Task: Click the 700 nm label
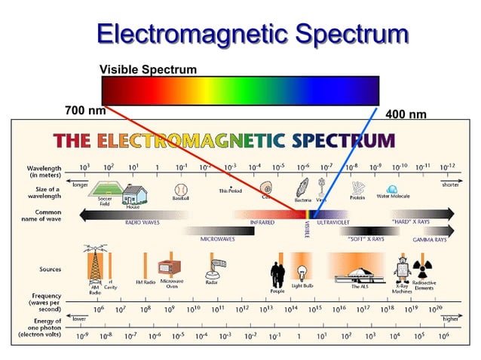[x=85, y=111]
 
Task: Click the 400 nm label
[x=406, y=114]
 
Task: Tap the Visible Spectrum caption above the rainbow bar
[x=148, y=69]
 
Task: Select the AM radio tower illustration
[x=94, y=263]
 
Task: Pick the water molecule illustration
[x=392, y=189]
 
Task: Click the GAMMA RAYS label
[x=430, y=239]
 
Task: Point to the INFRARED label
[x=262, y=223]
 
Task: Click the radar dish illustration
[x=219, y=266]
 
